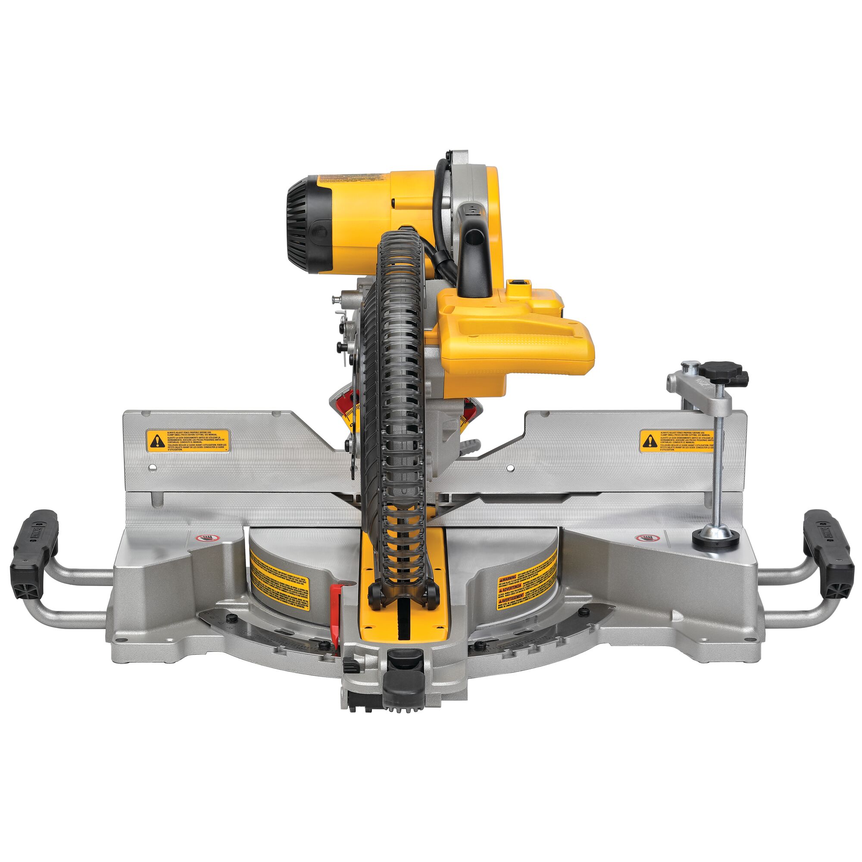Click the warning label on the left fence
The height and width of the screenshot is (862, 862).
coord(188,441)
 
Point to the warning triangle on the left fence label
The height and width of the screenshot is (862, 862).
coord(156,442)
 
